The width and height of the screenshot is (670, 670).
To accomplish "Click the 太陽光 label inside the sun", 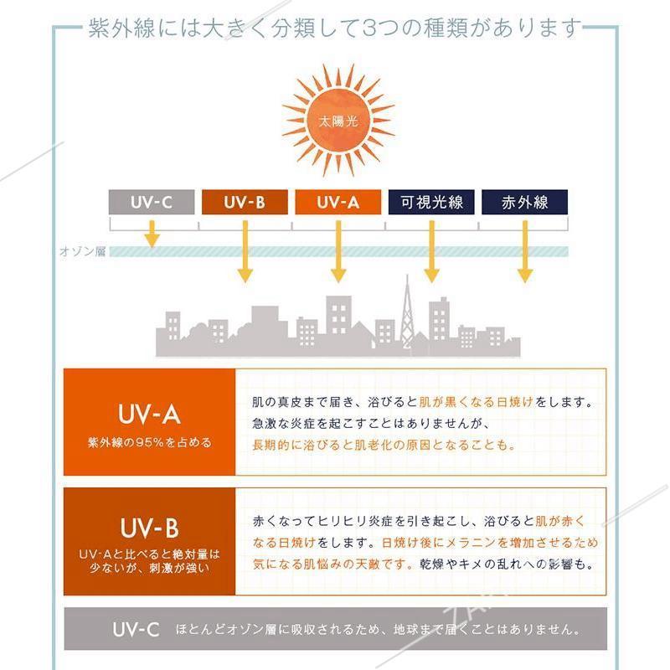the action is pos(338,121).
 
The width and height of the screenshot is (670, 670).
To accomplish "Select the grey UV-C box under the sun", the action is pos(152,202).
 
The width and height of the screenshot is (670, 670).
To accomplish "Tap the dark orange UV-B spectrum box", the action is pos(245,202).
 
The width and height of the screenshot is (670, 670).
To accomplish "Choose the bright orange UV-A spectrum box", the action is pos(338,202).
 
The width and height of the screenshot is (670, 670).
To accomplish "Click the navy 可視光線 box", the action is pos(431,202).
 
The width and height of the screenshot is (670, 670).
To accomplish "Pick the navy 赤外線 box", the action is pos(525,202).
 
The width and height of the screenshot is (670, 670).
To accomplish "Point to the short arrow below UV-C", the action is pos(152,234).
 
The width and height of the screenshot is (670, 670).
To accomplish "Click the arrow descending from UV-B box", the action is pos(245,251).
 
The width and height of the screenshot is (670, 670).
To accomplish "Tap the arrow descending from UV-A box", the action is pos(338,251).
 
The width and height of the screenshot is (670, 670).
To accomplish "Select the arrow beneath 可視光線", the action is pos(431,251).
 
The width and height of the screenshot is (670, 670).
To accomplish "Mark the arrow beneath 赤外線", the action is pos(525,251).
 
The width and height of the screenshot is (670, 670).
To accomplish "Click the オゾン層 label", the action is pos(83,251).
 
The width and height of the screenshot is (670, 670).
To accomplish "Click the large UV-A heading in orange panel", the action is pos(149,414).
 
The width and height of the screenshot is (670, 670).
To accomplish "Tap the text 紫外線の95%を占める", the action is pos(149,442).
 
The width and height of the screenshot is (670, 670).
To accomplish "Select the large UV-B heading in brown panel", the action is pos(149,528).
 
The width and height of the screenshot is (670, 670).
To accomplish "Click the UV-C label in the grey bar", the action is pos(136,630).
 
